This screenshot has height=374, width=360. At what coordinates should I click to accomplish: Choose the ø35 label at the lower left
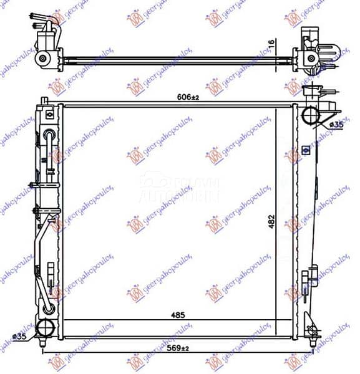(19, 337)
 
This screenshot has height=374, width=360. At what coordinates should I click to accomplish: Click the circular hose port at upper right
(310, 116)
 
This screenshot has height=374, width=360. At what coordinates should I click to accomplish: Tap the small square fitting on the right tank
(306, 150)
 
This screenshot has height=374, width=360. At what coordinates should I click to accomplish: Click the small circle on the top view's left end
(42, 59)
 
